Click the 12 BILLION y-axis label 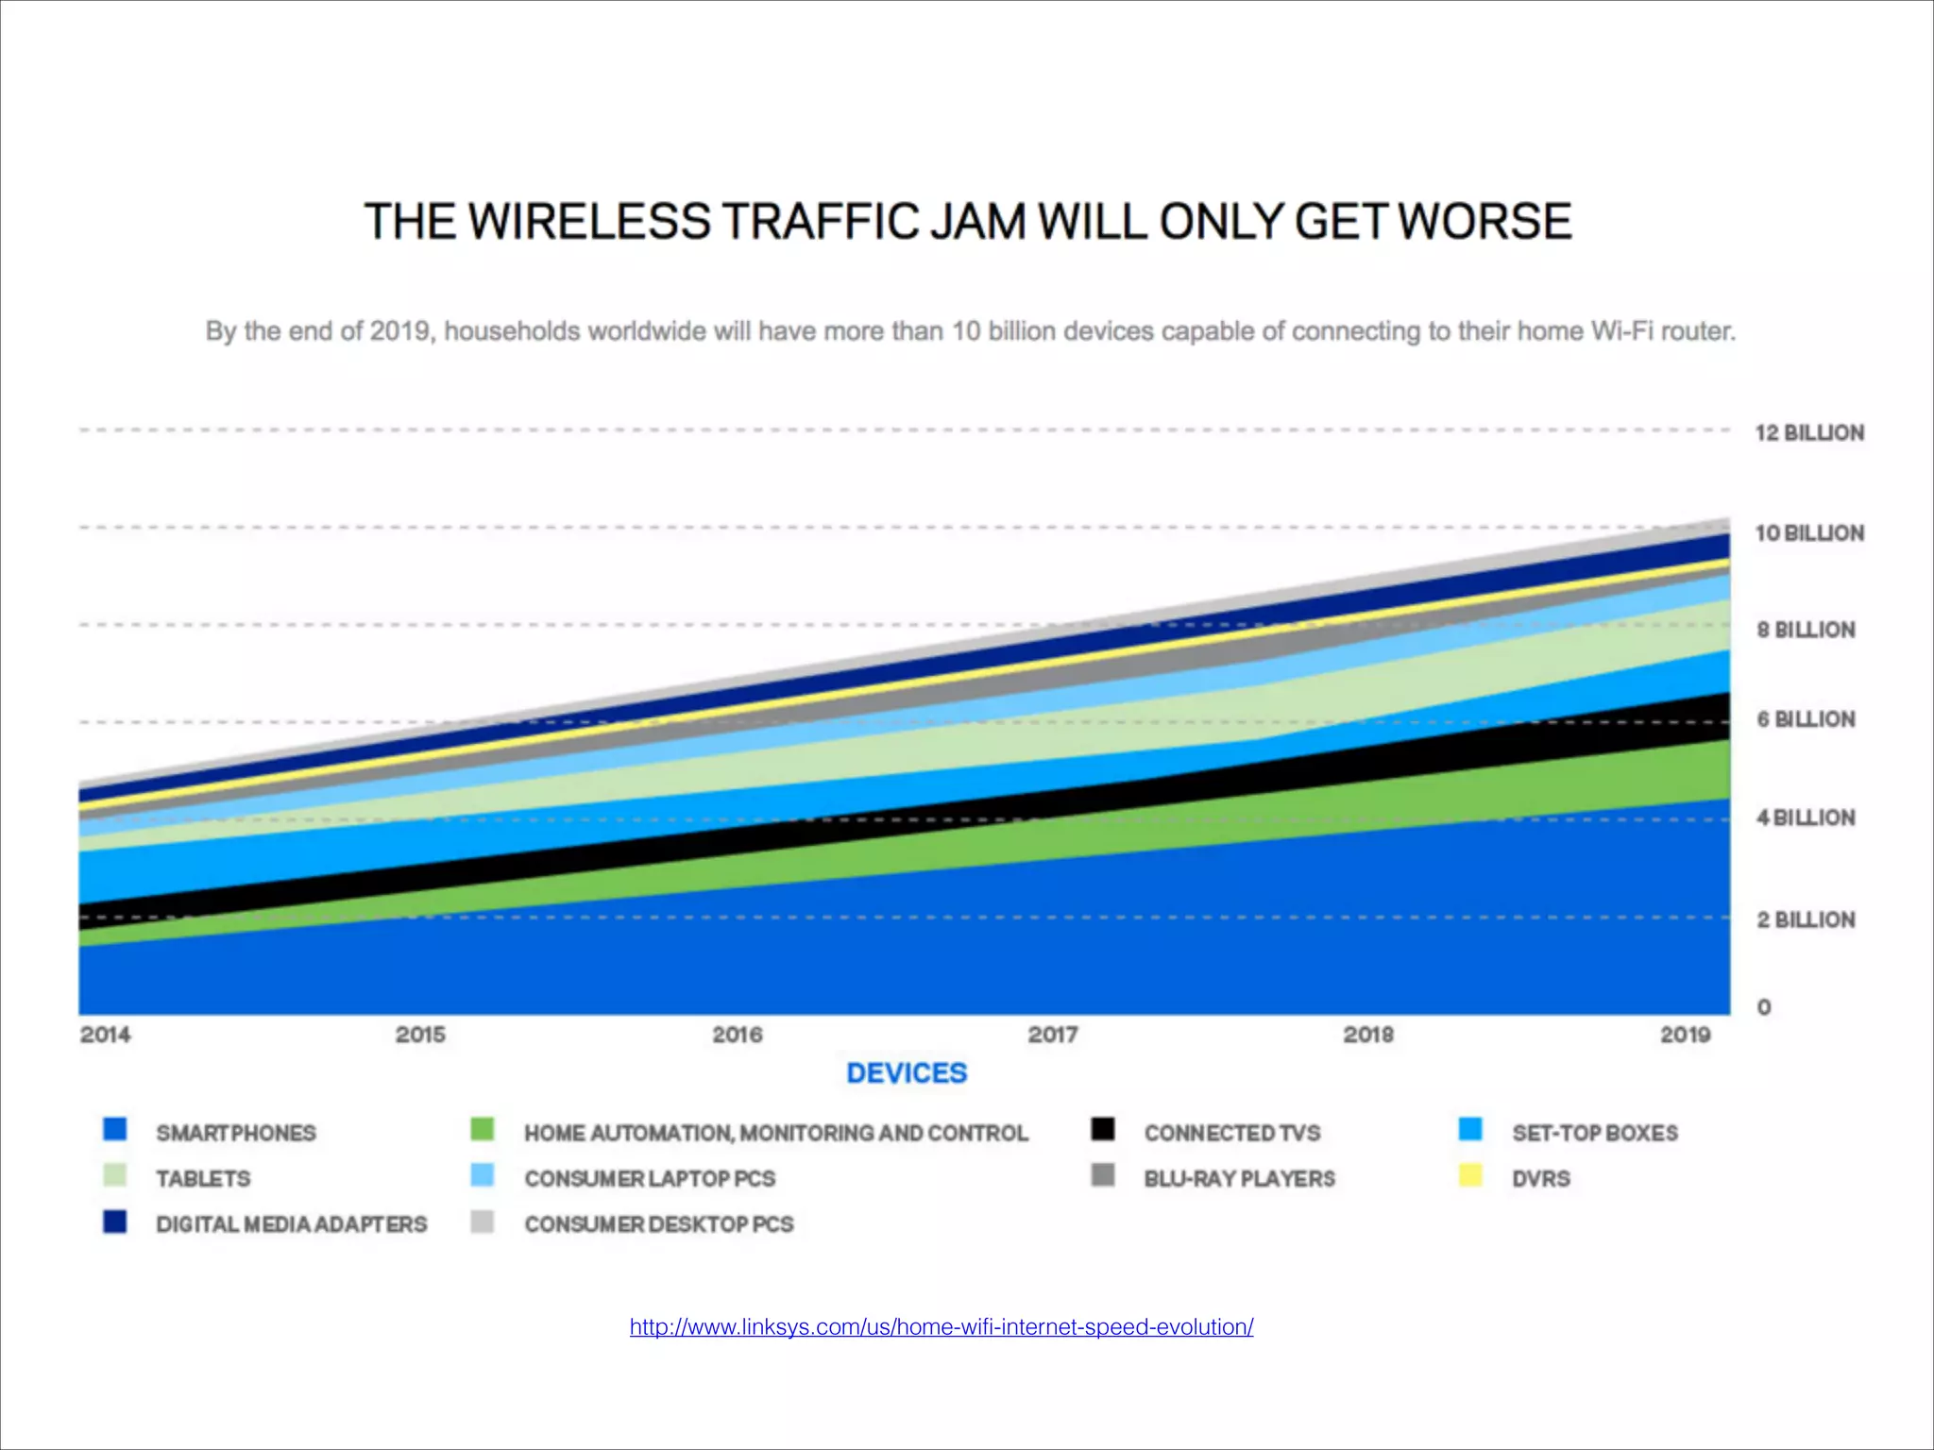1808,433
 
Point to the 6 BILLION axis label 1805,719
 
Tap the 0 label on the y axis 1763,1007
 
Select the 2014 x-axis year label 105,1035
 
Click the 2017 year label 1052,1035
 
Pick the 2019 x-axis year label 1685,1035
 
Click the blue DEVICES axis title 906,1073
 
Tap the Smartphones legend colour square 115,1130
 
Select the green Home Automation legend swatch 483,1130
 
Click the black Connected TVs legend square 1102,1130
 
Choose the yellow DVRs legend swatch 1470,1176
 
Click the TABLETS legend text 203,1179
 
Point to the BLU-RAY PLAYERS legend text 1239,1179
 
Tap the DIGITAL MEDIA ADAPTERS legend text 291,1224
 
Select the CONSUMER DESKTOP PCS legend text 658,1224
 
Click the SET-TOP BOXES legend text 1594,1133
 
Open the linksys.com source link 941,1326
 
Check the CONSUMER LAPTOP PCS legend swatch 483,1176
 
